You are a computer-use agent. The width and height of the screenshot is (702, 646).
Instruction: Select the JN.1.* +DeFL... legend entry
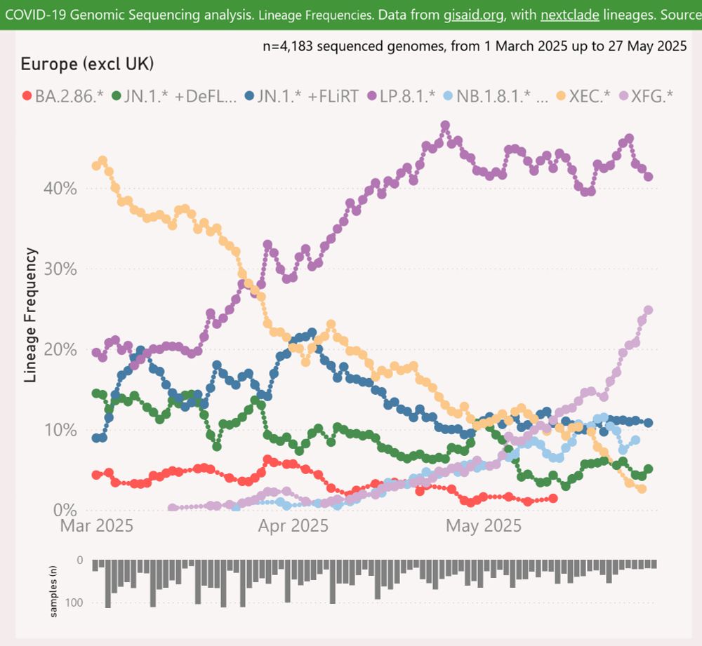[175, 96]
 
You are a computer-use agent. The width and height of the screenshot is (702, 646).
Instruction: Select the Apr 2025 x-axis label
[293, 525]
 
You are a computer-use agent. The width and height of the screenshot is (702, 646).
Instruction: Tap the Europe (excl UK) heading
[87, 65]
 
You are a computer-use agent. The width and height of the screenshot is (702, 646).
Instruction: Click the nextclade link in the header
[569, 14]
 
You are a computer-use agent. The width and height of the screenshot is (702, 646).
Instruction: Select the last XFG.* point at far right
[649, 310]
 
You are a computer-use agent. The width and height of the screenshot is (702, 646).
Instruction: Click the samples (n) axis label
[54, 593]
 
